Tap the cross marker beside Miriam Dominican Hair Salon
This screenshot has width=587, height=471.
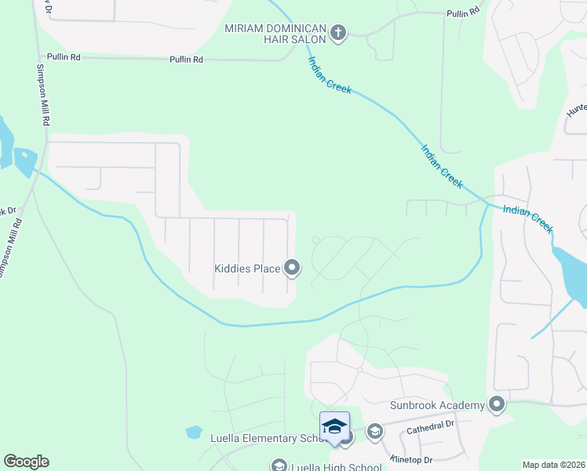338,33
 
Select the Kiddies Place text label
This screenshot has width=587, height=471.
247,268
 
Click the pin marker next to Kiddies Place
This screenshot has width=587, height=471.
292,268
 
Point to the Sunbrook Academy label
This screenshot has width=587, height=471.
438,405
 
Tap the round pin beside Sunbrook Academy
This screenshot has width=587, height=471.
496,405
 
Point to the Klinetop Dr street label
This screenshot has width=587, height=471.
410,458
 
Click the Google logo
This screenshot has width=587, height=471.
26,462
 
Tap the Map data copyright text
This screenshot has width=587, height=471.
554,465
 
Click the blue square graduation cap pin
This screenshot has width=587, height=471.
334,426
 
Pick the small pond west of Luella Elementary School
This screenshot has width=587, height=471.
194,432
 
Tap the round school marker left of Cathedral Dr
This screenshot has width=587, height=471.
374,430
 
